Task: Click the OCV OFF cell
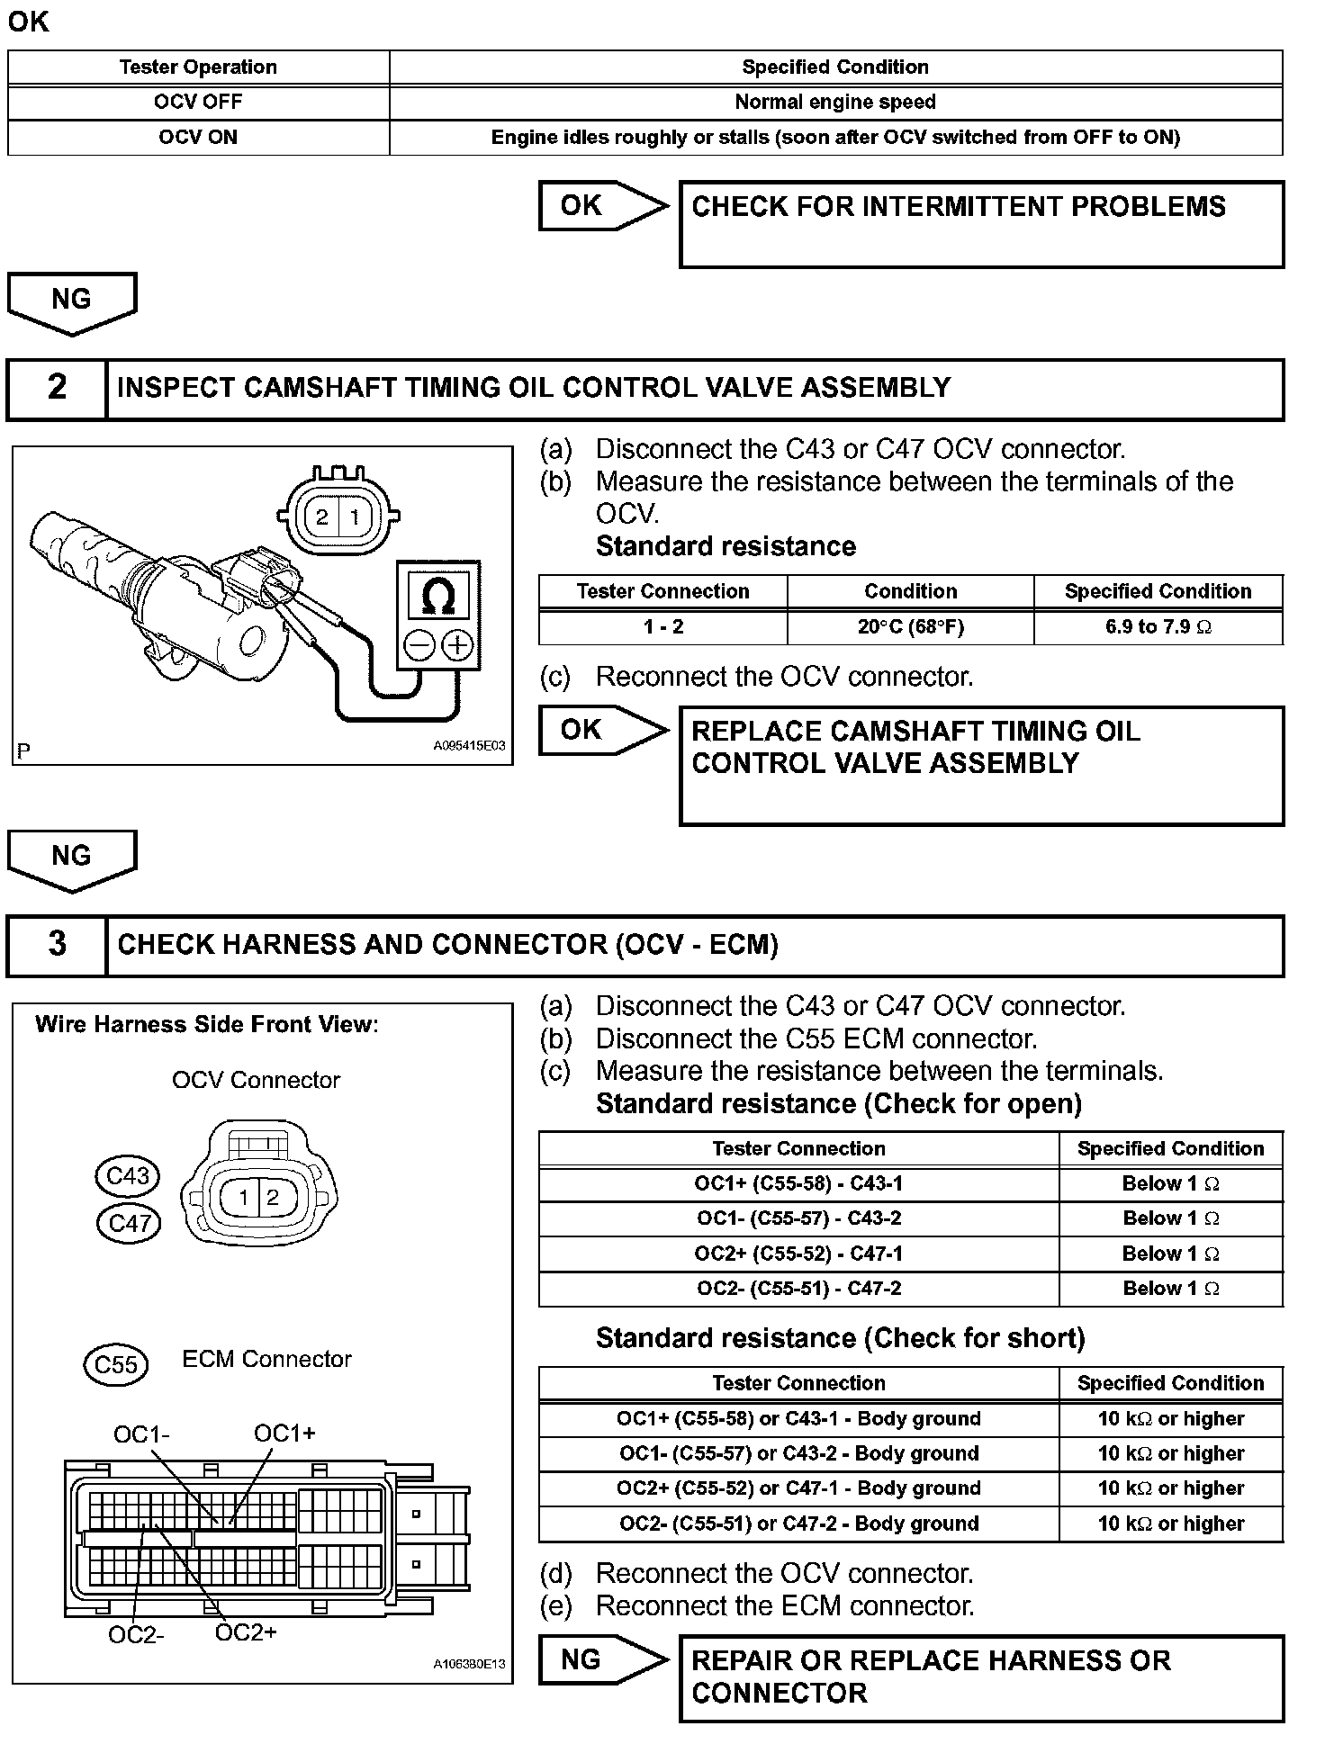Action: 198,102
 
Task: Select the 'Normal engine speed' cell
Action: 835,102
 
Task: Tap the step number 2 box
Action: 57,389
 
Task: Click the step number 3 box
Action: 57,945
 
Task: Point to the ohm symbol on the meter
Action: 438,597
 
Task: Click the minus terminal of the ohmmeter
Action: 419,645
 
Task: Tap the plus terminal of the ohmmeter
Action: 457,645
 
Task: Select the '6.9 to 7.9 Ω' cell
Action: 1158,627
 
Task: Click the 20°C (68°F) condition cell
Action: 910,627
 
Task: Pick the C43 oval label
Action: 128,1176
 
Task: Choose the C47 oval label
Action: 129,1223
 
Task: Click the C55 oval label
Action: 116,1365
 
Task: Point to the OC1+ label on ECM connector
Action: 284,1434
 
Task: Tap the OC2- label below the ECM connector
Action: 136,1634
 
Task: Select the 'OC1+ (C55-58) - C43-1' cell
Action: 798,1183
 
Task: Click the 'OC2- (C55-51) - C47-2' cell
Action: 798,1289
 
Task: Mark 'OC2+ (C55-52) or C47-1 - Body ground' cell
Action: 798,1488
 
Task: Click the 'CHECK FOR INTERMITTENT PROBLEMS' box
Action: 981,224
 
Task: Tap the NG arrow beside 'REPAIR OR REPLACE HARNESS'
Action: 601,1660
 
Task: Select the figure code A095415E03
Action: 469,746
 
